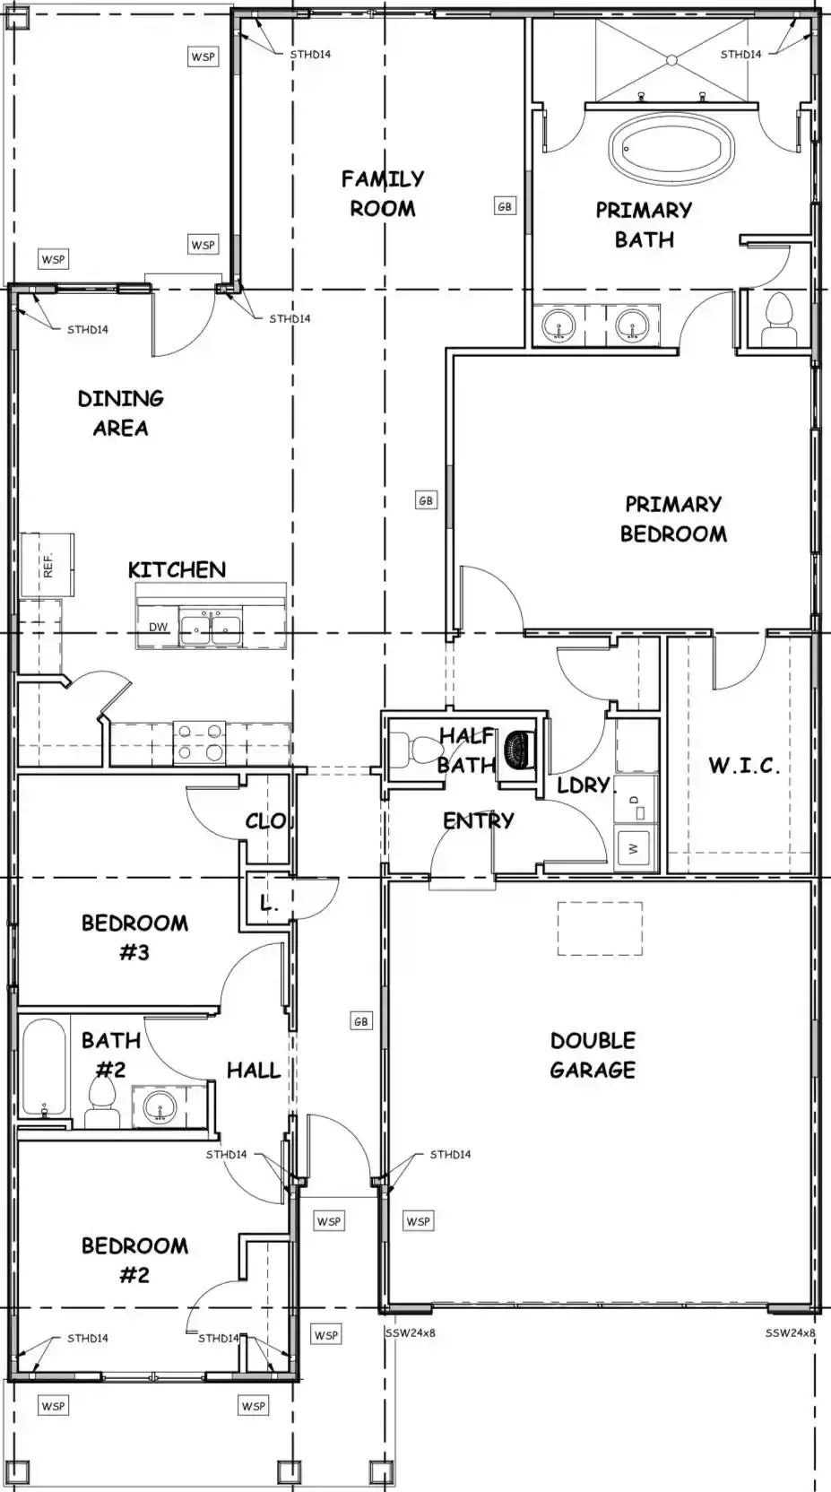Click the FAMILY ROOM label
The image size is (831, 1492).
pos(383,193)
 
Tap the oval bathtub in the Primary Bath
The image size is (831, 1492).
pos(671,150)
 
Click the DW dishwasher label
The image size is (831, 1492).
pos(159,627)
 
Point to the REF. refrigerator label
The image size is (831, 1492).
pos(48,566)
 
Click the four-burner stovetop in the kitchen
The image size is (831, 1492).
pos(199,742)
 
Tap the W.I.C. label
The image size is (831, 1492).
pos(744,766)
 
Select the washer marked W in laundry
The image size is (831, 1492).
pos(636,848)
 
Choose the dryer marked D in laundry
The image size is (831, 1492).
pos(636,799)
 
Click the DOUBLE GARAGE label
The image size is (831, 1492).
pos(593,1055)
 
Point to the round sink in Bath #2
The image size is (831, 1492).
pos(160,1106)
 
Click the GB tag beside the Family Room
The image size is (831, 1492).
pos(505,206)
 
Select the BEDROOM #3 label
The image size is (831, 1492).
pos(134,938)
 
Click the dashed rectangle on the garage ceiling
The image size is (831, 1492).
pos(600,929)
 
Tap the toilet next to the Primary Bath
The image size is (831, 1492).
pos(779,321)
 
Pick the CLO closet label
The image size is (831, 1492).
pos(265,820)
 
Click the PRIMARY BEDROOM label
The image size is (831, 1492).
pos(673,519)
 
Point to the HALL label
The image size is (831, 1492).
pos(254,1071)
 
